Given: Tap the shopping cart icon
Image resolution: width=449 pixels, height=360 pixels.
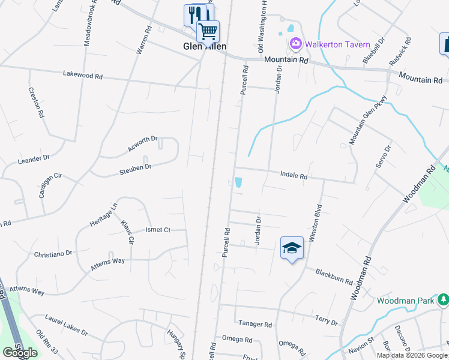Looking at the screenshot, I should (x=208, y=30).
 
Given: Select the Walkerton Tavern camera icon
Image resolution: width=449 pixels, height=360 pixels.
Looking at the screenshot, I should (x=295, y=43).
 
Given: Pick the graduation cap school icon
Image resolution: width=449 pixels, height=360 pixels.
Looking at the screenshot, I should (x=292, y=248).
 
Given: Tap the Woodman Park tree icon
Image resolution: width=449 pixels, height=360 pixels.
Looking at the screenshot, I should (x=442, y=299).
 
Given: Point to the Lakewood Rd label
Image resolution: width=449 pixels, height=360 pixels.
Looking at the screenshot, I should (x=83, y=76).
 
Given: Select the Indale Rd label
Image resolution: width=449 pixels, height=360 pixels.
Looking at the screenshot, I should (x=294, y=176).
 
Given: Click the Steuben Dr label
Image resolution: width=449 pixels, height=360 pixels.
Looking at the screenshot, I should (x=135, y=167).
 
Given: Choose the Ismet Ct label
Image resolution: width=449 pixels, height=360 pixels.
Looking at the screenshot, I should (x=158, y=230).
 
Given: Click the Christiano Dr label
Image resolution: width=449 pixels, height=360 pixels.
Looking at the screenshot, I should (x=53, y=254).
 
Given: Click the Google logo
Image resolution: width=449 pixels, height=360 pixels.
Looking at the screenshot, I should (x=20, y=353).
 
